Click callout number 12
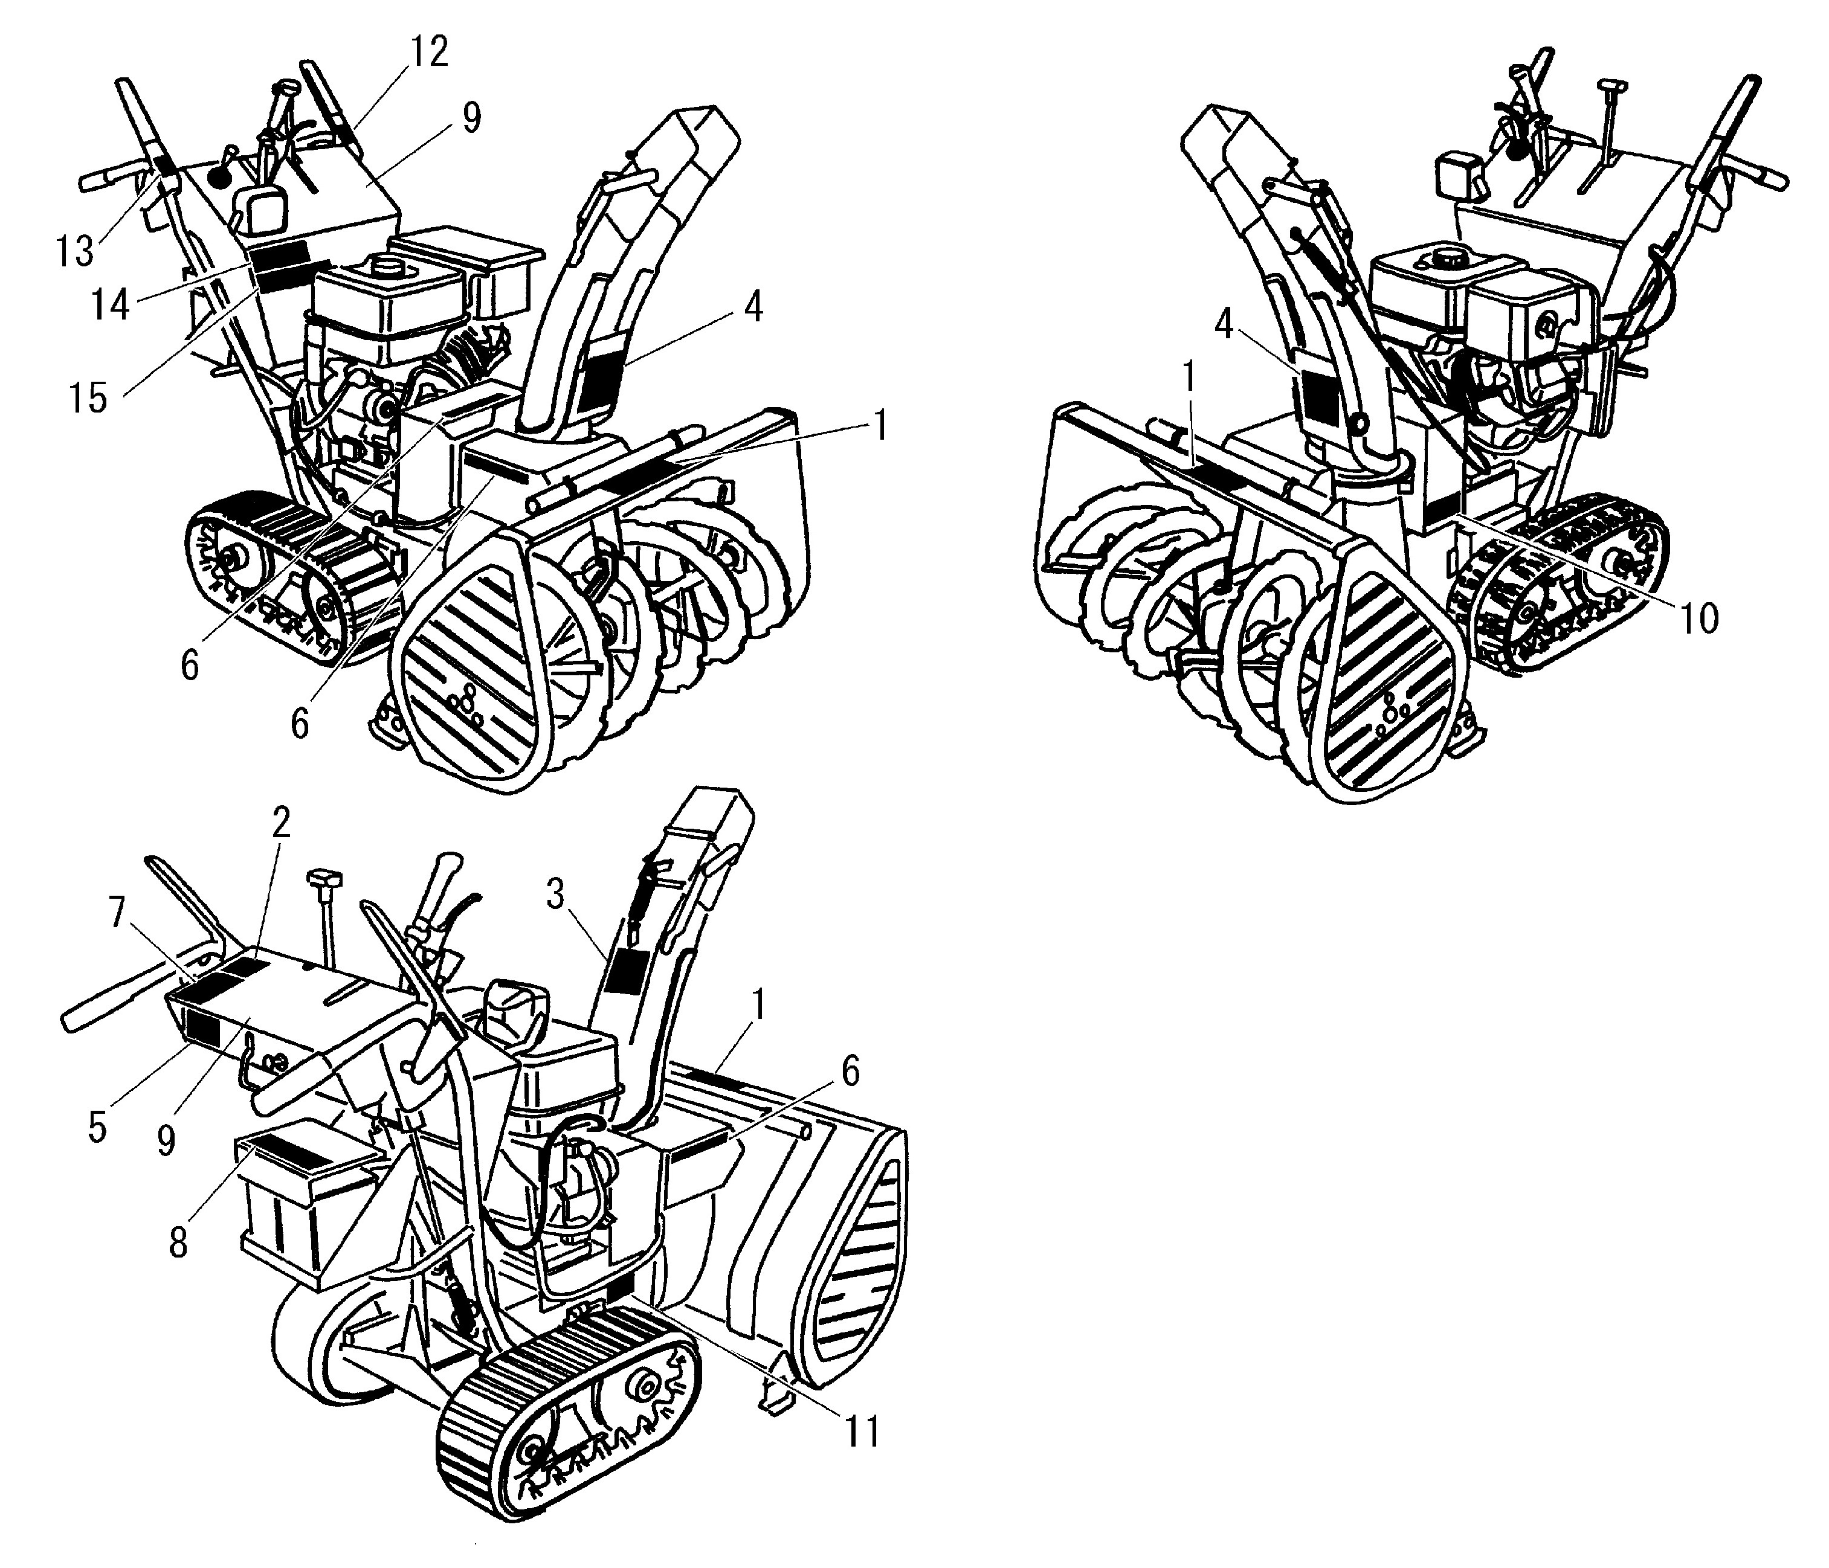pyautogui.click(x=427, y=54)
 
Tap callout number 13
pyautogui.click(x=74, y=251)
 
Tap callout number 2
pyautogui.click(x=281, y=823)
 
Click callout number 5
pyautogui.click(x=97, y=1127)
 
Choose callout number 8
pyautogui.click(x=178, y=1243)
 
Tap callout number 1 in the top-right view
pyautogui.click(x=1189, y=378)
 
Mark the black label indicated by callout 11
pyautogui.click(x=620, y=1289)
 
